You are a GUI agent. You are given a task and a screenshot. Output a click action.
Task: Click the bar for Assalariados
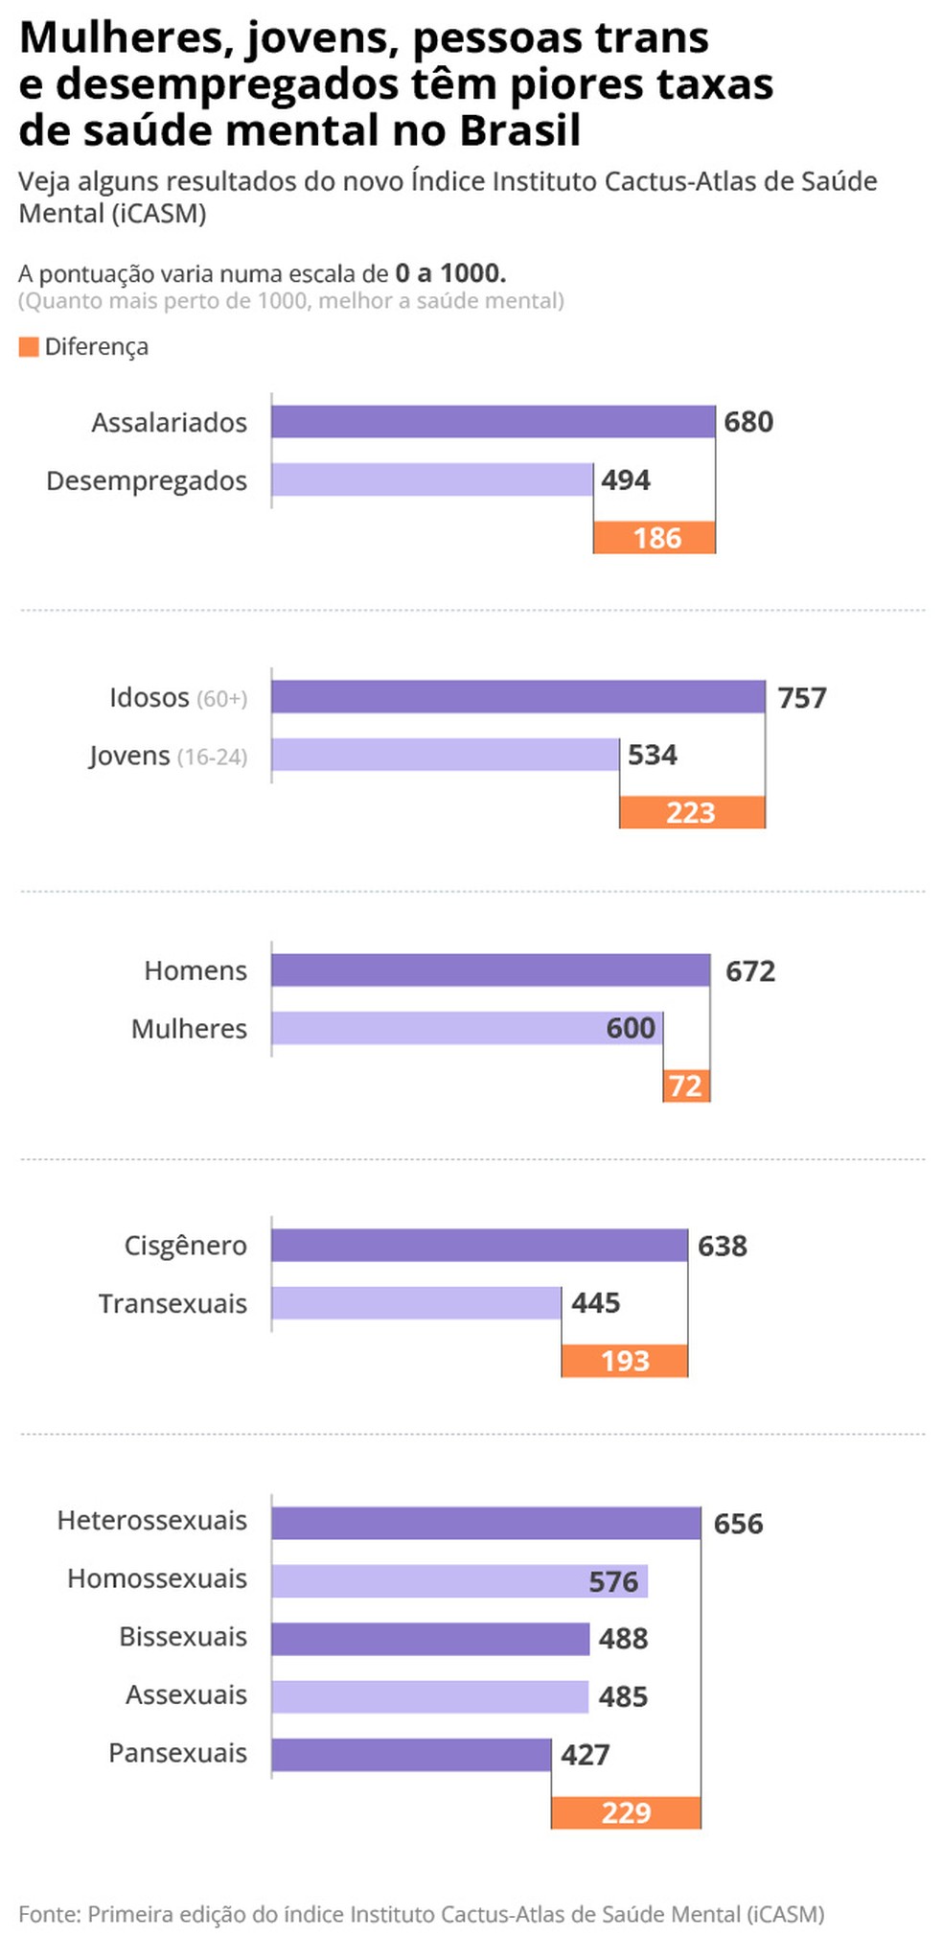point(493,422)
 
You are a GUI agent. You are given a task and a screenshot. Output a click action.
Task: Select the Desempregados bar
point(431,479)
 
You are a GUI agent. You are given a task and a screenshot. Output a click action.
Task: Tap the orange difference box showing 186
point(655,538)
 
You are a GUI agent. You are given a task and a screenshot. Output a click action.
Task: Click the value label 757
point(801,697)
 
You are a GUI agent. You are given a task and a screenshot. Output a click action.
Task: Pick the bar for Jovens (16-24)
point(445,755)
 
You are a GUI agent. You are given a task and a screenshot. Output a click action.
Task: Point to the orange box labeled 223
point(692,813)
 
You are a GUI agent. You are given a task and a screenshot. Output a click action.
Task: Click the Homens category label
point(195,970)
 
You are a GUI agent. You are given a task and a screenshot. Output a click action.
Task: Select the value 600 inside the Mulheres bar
point(631,1028)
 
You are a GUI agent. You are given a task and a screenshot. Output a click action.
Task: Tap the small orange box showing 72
point(686,1086)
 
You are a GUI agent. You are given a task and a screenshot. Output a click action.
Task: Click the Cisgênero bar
point(479,1246)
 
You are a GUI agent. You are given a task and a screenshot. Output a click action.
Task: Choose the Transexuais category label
point(172,1303)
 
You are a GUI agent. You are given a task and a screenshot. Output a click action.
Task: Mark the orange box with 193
point(625,1361)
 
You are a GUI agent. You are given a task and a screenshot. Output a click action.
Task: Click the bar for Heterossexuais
point(485,1523)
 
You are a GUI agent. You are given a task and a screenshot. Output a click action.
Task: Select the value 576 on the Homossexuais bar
point(613,1581)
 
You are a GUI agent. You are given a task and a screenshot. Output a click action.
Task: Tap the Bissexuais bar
point(429,1639)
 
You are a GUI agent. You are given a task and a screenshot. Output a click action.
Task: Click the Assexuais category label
point(186,1695)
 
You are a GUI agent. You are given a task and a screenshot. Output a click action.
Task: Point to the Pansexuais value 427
point(585,1755)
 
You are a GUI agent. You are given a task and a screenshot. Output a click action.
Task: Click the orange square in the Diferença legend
point(29,346)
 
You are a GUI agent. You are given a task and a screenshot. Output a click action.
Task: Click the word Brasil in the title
point(520,131)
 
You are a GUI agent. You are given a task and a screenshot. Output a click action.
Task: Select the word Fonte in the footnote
point(48,1914)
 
